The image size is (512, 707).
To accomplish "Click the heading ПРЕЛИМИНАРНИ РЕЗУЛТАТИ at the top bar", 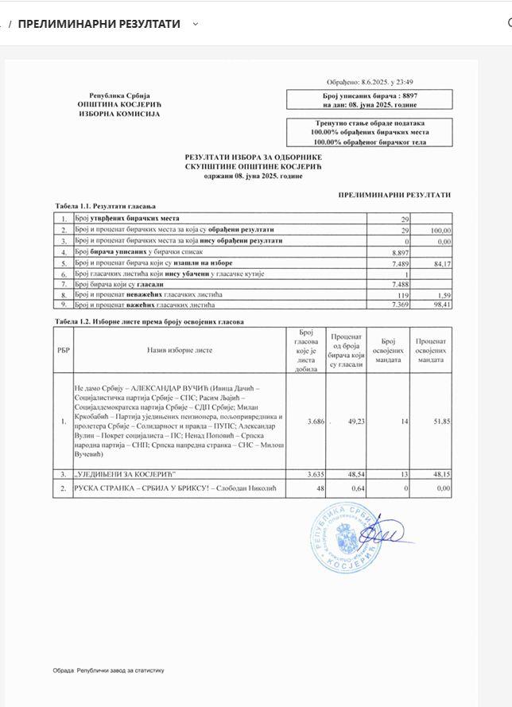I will (99, 24).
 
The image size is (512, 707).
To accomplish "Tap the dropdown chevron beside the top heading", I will (196, 24).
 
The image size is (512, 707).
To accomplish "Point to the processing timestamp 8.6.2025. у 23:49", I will (381, 82).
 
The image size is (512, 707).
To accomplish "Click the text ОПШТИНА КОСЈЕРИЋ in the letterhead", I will (118, 104).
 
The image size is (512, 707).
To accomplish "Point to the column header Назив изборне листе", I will (180, 350).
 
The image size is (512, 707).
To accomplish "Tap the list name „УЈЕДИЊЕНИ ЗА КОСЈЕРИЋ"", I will (119, 473).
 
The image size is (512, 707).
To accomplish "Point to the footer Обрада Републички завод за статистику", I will (109, 670).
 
